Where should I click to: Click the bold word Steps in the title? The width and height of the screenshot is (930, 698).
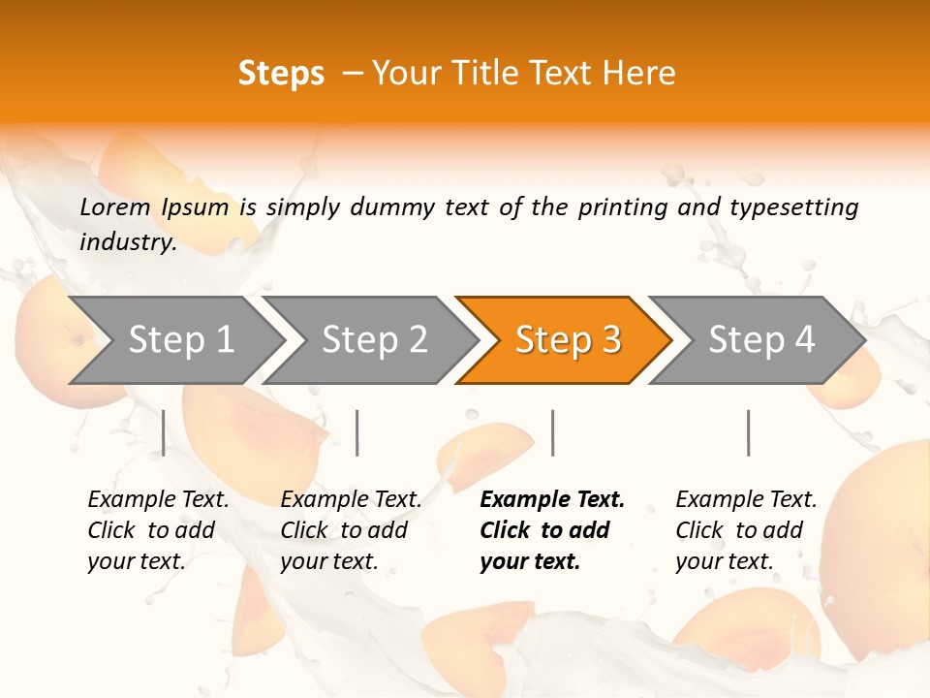281,74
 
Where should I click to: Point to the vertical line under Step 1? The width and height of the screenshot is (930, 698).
164,432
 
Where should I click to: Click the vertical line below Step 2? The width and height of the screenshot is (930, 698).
357,432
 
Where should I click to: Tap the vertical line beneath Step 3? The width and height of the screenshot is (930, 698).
552,432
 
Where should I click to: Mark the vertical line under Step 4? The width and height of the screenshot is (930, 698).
748,432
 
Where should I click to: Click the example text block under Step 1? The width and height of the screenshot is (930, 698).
158,530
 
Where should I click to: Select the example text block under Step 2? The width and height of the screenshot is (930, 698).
351,530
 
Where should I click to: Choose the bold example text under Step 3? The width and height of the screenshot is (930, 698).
552,530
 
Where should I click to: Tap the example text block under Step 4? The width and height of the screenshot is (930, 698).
746,530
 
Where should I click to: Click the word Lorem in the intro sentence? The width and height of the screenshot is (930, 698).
115,206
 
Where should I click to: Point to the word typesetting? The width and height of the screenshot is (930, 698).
793,206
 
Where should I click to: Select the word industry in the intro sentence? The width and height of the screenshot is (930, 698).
128,241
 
